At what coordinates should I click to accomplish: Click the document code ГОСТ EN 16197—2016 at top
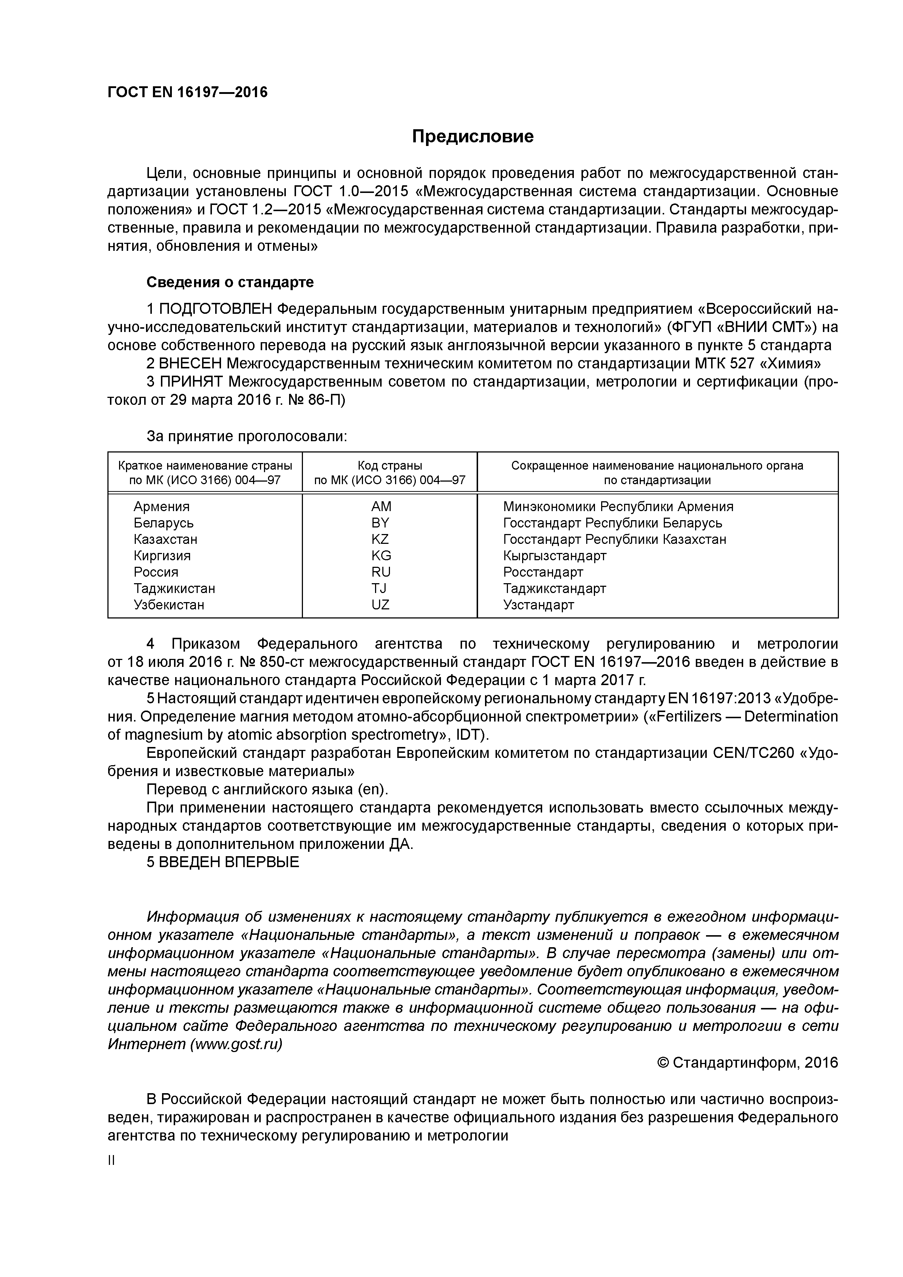click(x=188, y=92)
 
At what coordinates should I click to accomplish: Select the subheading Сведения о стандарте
click(x=230, y=282)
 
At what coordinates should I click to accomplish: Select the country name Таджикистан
click(x=174, y=588)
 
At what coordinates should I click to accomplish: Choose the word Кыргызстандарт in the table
click(x=555, y=556)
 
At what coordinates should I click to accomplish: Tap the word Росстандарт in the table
click(x=543, y=572)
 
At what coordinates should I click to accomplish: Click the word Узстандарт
click(x=538, y=605)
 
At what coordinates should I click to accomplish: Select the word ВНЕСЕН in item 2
click(x=190, y=364)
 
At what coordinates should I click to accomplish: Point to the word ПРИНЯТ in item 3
click(x=192, y=382)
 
